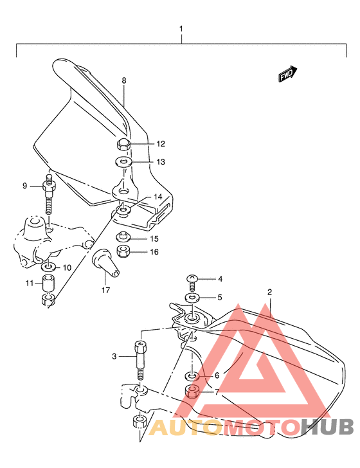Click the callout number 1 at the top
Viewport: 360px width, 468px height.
pos(181,29)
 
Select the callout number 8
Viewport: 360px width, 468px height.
pos(124,81)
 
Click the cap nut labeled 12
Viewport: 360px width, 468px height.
pos(125,143)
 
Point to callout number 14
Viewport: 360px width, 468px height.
pos(157,197)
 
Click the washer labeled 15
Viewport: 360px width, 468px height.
pos(124,239)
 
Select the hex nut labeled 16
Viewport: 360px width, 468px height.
pos(124,251)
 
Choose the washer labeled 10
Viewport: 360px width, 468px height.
pos(48,266)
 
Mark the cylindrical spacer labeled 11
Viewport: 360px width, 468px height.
pos(48,283)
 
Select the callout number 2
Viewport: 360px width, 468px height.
pos(270,292)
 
